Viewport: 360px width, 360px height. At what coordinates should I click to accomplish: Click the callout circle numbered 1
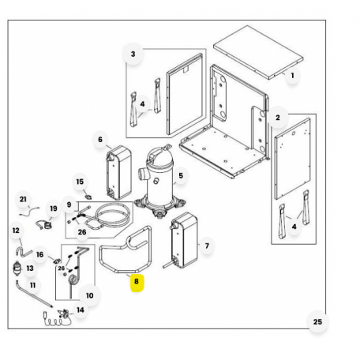(291, 76)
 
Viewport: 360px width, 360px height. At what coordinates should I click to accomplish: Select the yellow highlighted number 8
(136, 280)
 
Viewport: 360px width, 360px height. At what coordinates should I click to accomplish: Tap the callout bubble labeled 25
(317, 321)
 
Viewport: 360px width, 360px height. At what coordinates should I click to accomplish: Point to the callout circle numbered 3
(133, 54)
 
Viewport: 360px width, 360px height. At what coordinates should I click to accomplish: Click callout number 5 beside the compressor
(181, 174)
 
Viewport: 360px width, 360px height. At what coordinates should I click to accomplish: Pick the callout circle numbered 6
(100, 140)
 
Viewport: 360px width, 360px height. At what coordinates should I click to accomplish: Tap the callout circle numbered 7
(207, 246)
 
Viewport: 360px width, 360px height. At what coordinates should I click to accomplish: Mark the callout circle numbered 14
(80, 310)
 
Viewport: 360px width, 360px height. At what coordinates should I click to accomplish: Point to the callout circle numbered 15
(80, 182)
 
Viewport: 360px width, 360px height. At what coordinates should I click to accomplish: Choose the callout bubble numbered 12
(16, 231)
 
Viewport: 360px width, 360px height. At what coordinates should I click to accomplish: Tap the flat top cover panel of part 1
(258, 54)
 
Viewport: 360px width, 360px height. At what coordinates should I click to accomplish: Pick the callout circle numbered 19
(54, 209)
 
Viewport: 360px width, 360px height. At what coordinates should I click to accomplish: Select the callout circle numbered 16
(39, 254)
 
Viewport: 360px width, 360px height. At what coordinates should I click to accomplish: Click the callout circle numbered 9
(69, 205)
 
